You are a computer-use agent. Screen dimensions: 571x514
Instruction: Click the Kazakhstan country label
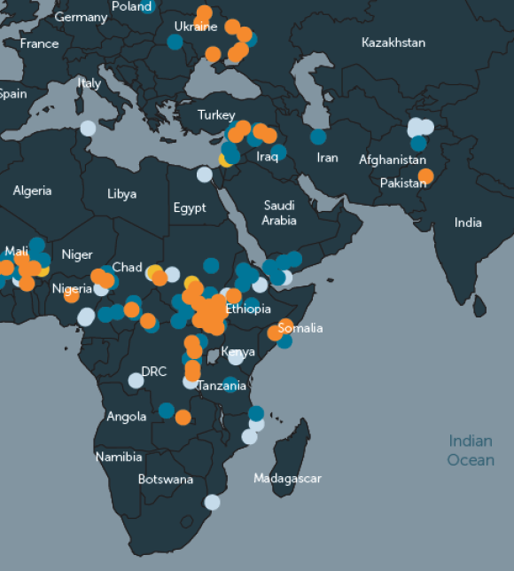[393, 43]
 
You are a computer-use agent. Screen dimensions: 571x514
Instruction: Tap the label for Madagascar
[287, 479]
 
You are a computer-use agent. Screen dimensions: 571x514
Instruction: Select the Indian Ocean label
[471, 450]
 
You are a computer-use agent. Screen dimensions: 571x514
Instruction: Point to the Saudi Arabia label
[279, 213]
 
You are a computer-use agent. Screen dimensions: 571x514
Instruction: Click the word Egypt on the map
[190, 208]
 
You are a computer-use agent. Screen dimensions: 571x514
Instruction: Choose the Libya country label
[122, 193]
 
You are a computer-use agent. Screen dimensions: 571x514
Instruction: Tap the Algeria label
[32, 191]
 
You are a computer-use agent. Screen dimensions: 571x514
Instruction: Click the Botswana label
[166, 480]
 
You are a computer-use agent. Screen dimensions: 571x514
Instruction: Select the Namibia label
[119, 458]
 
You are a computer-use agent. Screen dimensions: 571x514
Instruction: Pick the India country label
[468, 223]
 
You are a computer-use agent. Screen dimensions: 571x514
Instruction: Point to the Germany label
[81, 18]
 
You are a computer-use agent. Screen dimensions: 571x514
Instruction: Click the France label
[39, 43]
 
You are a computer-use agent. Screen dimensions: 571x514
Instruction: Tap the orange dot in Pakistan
[425, 176]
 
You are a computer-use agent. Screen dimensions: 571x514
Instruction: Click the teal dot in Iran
[318, 137]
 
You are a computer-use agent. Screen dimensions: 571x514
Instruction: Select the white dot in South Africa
[212, 502]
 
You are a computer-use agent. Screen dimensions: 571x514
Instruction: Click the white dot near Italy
[88, 128]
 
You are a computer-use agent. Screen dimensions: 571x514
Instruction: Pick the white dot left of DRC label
[136, 380]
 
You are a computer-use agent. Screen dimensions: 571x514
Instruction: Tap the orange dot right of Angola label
[183, 417]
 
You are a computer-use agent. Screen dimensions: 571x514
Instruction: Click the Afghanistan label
[393, 160]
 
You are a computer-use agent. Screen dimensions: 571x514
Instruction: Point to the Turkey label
[216, 115]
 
